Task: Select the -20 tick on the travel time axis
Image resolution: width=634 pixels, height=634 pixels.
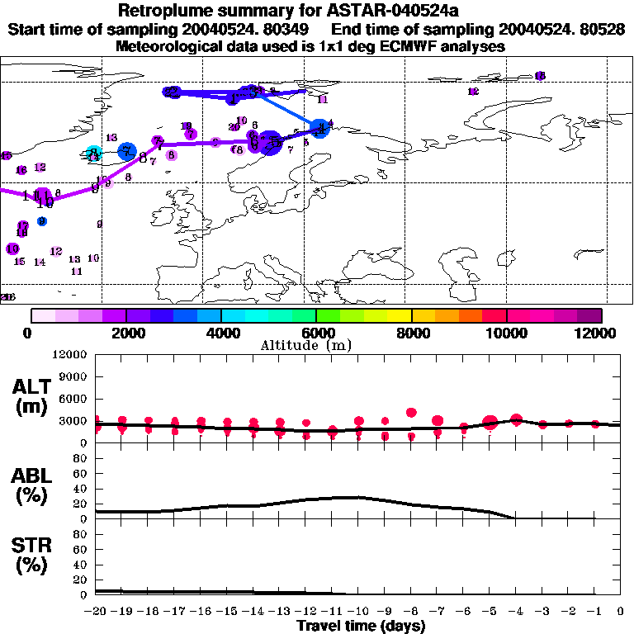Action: (97, 611)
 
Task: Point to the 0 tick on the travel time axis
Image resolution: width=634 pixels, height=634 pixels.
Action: (621, 611)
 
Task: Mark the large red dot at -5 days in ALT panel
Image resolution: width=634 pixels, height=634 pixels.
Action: (490, 423)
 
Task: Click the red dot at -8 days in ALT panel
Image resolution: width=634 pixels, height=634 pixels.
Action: (411, 413)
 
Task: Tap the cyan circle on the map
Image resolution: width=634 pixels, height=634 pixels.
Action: (93, 153)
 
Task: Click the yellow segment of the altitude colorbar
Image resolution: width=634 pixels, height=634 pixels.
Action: (400, 315)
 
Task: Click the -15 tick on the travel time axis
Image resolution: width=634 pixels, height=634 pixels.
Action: (228, 611)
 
